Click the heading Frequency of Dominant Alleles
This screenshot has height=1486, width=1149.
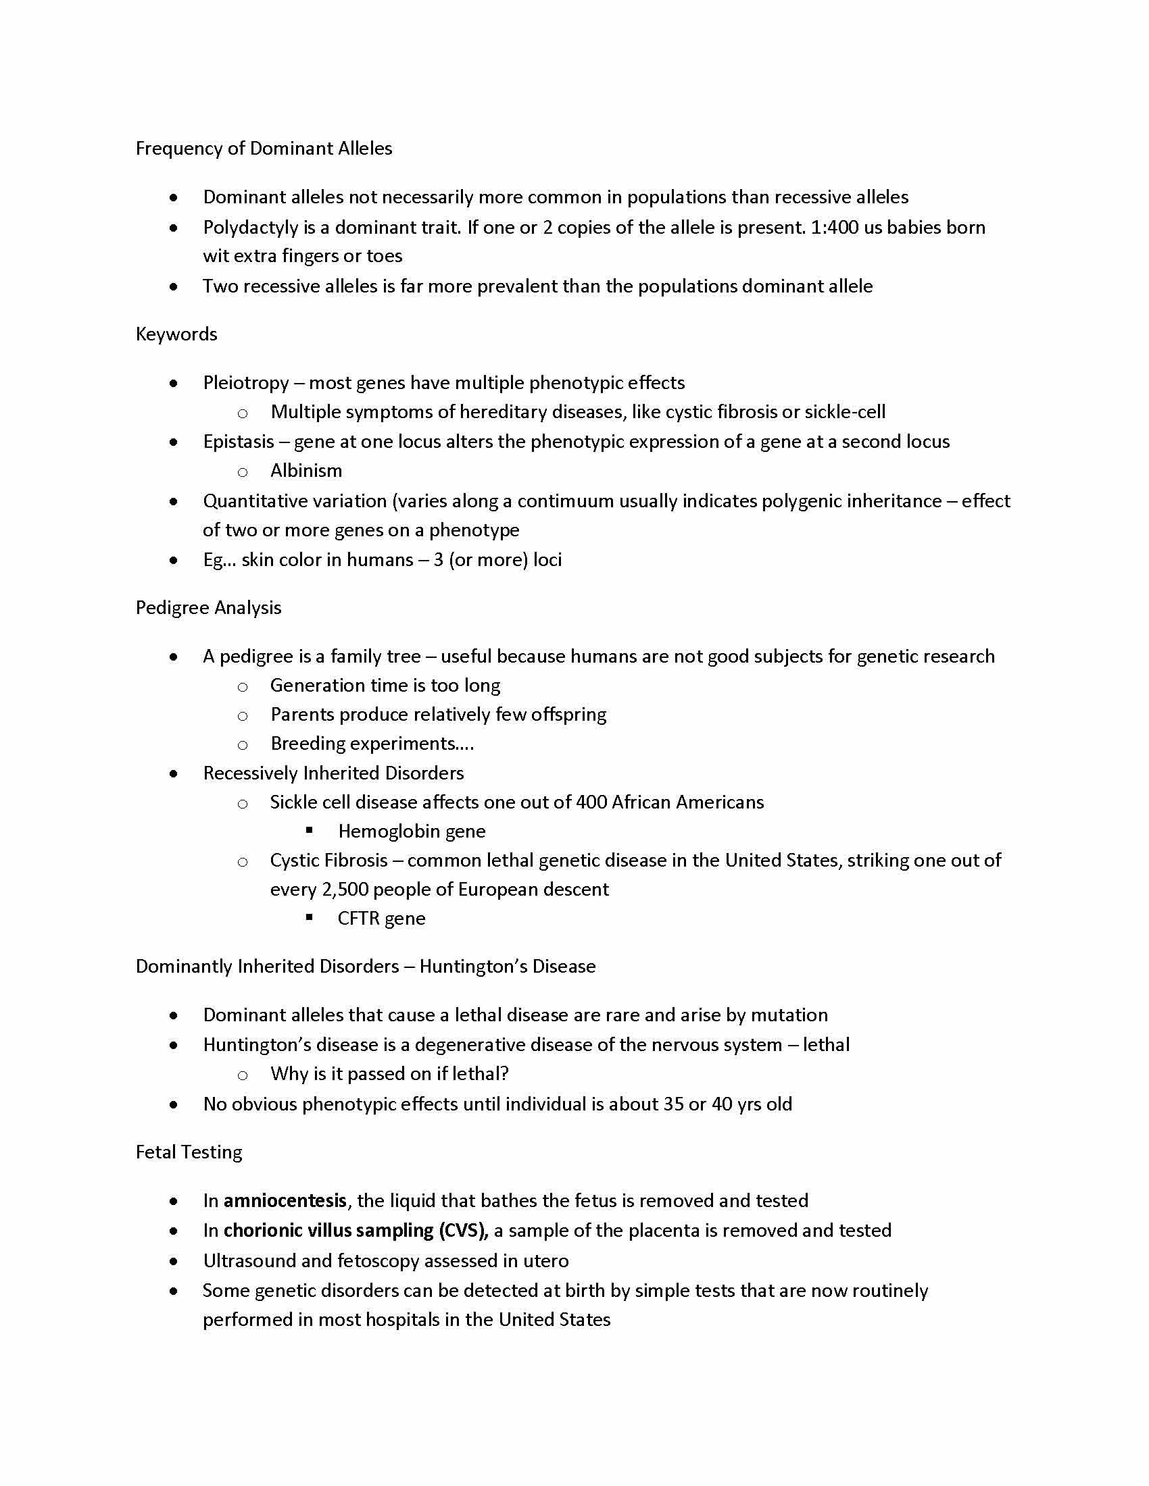264,149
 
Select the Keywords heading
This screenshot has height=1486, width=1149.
176,334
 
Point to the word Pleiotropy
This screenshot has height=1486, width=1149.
246,383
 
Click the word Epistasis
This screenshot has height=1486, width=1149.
238,442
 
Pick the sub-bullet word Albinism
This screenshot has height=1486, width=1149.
305,471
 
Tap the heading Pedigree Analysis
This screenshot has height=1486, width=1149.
208,608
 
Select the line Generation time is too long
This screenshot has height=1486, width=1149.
385,685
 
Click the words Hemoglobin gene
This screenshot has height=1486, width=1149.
411,831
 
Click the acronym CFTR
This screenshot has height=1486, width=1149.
358,919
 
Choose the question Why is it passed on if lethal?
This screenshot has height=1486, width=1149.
389,1074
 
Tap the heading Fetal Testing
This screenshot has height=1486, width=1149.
189,1152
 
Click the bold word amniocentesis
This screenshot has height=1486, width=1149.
285,1201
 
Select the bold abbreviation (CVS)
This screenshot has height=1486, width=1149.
464,1230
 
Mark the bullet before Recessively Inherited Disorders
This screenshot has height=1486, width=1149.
174,773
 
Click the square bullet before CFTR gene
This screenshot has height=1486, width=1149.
309,917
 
